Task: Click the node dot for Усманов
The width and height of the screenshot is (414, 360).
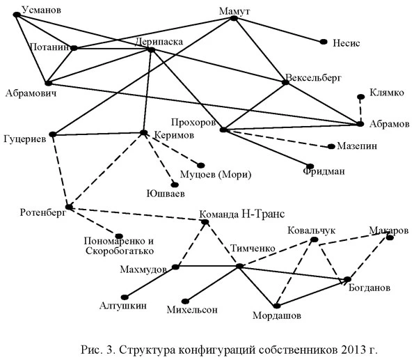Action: tap(16, 14)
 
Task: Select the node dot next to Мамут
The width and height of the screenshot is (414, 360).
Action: tap(234, 19)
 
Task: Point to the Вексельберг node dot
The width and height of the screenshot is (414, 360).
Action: tap(285, 84)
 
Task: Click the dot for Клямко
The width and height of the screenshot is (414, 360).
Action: tap(360, 97)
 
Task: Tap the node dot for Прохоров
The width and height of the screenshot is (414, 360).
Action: tap(223, 130)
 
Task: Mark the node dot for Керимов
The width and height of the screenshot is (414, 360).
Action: tap(143, 132)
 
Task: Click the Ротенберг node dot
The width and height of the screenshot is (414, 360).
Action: tap(68, 207)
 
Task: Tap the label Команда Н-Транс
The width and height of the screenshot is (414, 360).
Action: tap(242, 214)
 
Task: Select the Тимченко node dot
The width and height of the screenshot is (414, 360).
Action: tap(239, 266)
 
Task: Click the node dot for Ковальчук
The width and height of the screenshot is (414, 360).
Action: tap(314, 240)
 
